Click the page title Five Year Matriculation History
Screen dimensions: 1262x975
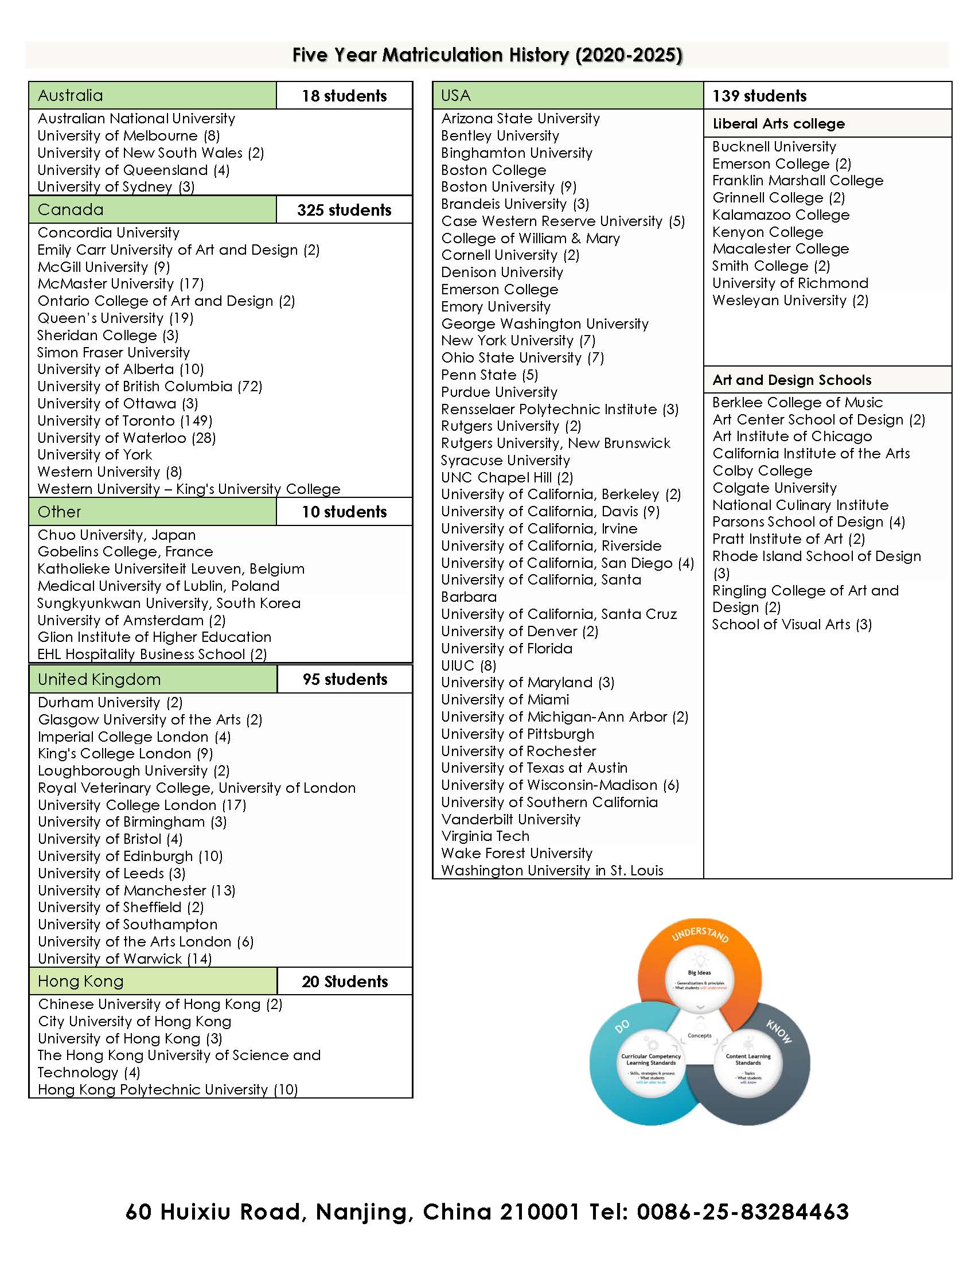click(487, 55)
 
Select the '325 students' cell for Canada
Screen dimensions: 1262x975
click(344, 210)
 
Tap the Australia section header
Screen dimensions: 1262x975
click(71, 95)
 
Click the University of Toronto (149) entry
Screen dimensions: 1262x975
click(125, 420)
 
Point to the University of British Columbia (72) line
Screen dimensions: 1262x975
click(150, 386)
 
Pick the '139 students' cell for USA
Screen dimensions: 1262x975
click(759, 96)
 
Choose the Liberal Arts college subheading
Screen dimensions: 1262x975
click(778, 124)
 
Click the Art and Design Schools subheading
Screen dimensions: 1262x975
click(791, 380)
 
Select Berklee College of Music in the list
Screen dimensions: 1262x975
click(797, 402)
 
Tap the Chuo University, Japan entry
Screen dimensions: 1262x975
click(116, 535)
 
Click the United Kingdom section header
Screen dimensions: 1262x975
click(99, 679)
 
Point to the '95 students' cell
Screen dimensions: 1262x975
click(345, 679)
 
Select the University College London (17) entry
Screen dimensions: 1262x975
click(142, 805)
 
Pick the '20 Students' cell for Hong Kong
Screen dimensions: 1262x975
click(345, 981)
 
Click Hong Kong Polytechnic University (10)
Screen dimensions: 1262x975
click(167, 1089)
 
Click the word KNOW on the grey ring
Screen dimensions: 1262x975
click(779, 1031)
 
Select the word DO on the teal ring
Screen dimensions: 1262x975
click(622, 1027)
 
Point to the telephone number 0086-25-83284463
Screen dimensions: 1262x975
click(742, 1211)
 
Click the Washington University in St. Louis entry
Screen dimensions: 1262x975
click(552, 870)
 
